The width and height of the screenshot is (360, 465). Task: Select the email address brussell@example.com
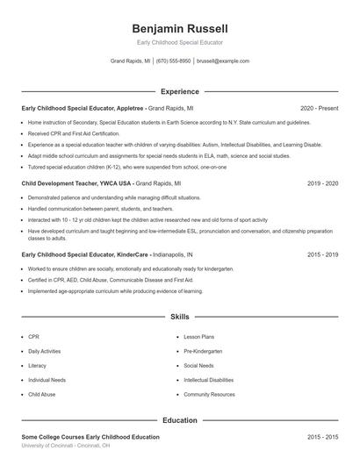[x=223, y=61]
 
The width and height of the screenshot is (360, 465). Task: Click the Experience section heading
[x=179, y=91]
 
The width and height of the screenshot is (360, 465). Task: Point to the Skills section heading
[x=179, y=316]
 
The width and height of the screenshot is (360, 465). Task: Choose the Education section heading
[x=179, y=420]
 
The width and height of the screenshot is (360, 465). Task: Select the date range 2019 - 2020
[x=322, y=184]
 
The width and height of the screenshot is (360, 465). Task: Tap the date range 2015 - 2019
[x=322, y=254]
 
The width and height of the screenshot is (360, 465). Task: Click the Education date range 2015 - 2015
[x=322, y=437]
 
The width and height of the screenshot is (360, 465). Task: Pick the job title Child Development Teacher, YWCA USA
[x=77, y=184]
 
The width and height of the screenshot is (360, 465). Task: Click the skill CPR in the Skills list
[x=33, y=336]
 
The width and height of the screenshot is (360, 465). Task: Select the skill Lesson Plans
[x=198, y=336]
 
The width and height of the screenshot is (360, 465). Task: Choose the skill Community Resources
[x=209, y=395]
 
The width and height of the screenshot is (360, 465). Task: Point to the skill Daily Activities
[x=44, y=351]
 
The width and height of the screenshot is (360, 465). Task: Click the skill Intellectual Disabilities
[x=209, y=380]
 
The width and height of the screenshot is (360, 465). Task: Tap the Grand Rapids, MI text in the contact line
[x=130, y=61]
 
